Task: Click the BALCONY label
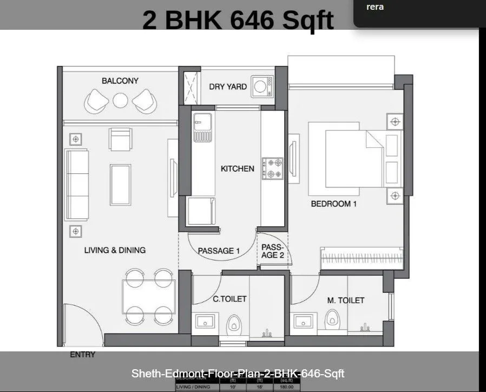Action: [120, 81]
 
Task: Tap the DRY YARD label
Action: [228, 86]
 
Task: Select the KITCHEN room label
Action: [237, 168]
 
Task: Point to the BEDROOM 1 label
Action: [334, 204]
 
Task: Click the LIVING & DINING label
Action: [115, 250]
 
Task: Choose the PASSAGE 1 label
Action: [219, 251]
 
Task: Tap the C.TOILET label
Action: [229, 299]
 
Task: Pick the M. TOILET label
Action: [346, 300]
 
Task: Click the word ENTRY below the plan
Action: [82, 355]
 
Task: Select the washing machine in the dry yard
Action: [262, 86]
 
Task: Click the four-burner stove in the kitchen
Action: [272, 168]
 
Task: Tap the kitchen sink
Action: [202, 128]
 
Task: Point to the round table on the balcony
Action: [120, 100]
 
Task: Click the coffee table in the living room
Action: [120, 184]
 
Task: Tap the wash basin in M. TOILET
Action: [304, 323]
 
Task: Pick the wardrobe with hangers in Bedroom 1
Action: [361, 258]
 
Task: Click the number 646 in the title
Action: [253, 20]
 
